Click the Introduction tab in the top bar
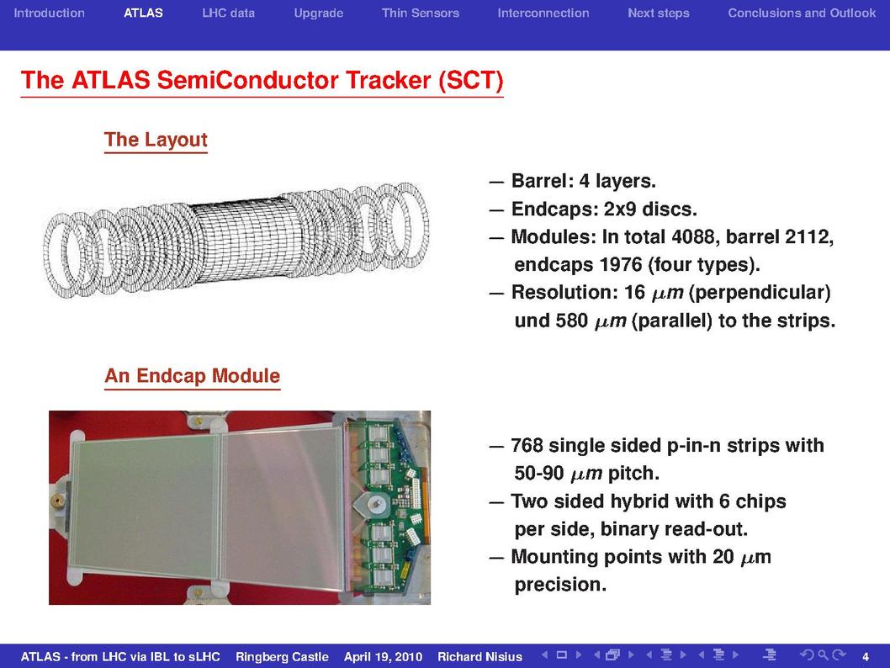49,13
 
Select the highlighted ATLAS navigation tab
143,13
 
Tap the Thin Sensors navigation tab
420,13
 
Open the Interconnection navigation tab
543,13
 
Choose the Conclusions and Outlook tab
802,13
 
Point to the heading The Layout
156,140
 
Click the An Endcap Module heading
193,376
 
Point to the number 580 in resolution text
571,321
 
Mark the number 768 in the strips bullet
527,446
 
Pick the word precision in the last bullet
560,585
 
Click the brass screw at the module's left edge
57,501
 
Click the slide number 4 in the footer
866,657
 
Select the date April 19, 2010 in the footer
383,657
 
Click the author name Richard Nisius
479,657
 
